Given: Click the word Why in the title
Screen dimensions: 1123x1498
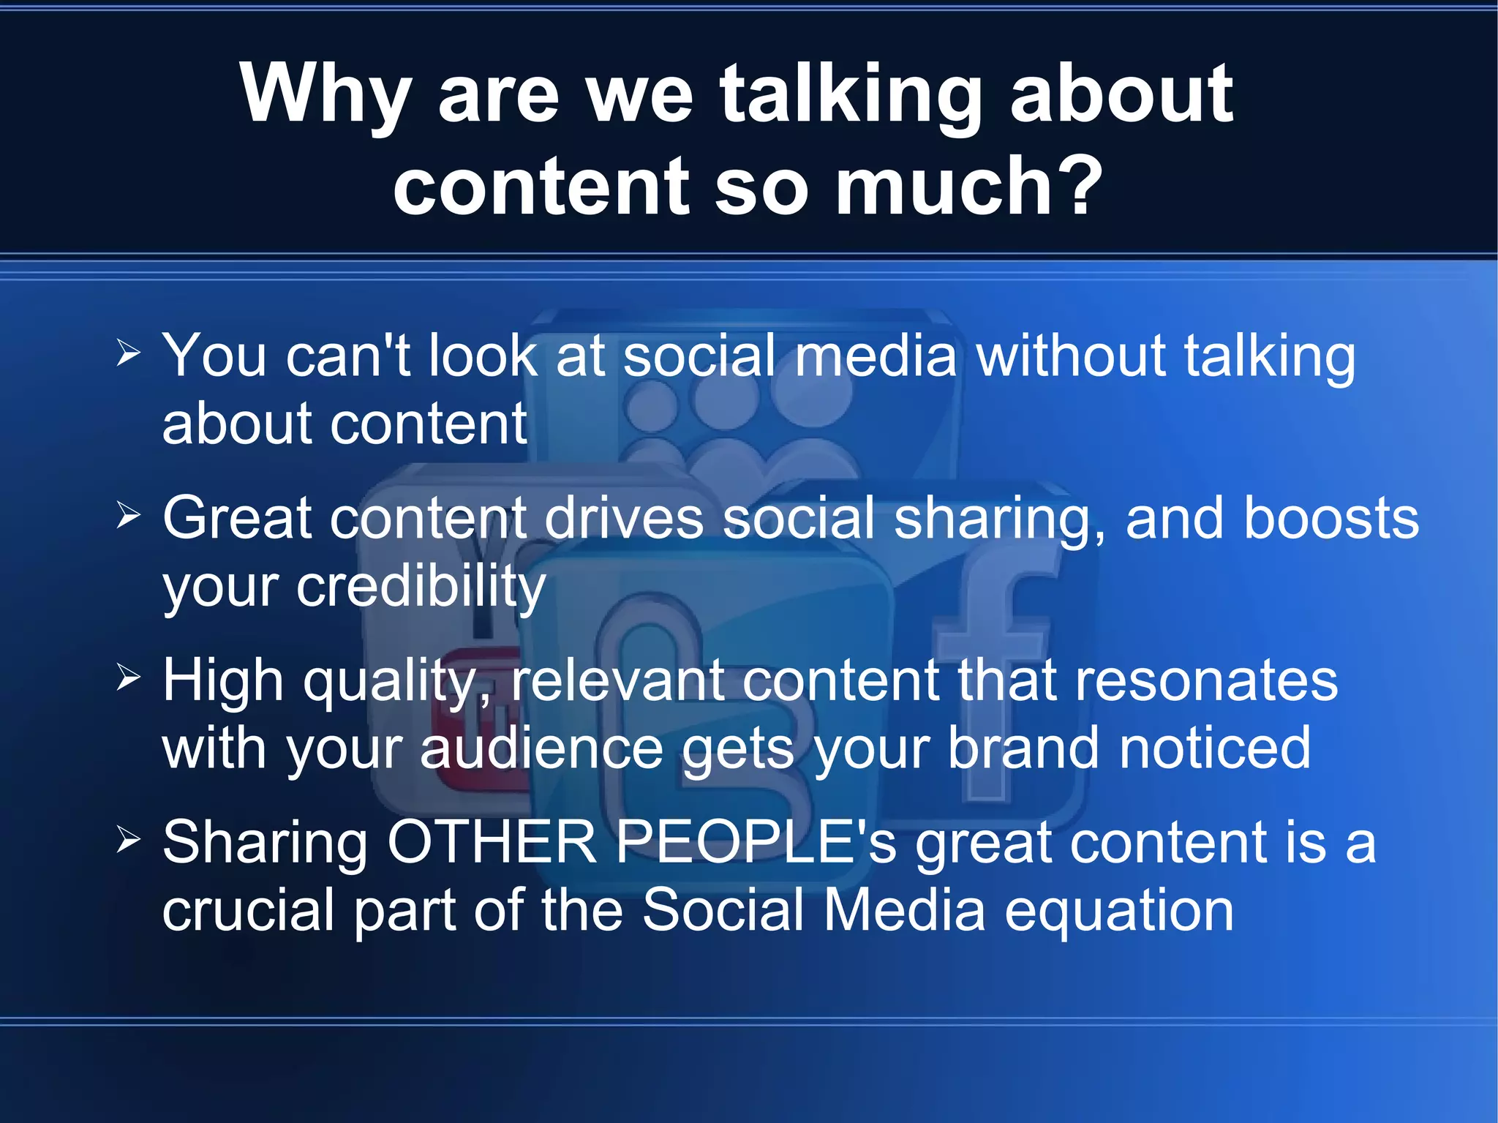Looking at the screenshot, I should point(325,95).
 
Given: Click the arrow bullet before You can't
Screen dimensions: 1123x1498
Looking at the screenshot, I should point(128,355).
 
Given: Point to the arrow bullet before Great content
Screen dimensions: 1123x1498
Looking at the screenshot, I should point(128,517).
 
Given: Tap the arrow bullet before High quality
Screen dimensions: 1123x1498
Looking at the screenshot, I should point(128,679).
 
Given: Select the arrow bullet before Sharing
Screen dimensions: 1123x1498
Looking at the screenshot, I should point(128,841).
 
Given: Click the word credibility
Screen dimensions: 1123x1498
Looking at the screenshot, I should point(421,587).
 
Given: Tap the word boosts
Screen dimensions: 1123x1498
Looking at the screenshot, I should point(1331,518).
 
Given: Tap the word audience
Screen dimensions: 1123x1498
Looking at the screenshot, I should point(541,749).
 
